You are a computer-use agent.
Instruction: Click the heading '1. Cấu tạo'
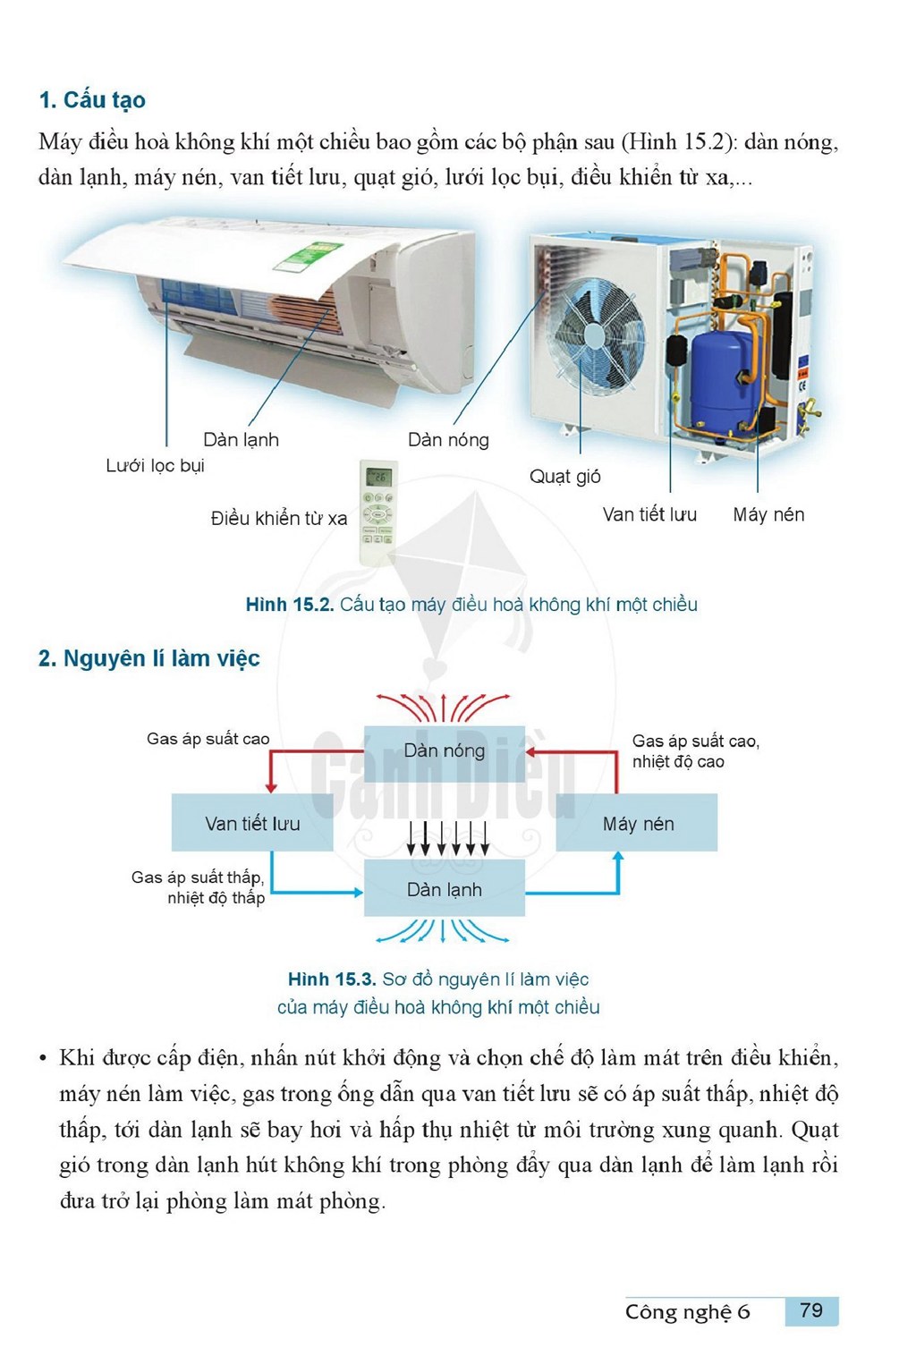click(x=92, y=100)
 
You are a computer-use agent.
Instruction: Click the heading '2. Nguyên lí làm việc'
click(x=148, y=658)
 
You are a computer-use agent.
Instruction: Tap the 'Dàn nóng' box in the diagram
click(x=444, y=751)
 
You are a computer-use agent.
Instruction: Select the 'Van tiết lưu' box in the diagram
click(x=252, y=823)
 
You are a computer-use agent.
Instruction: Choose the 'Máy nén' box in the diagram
click(x=637, y=823)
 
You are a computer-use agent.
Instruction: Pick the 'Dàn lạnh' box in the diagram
click(x=444, y=889)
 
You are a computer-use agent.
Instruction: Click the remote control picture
click(x=379, y=513)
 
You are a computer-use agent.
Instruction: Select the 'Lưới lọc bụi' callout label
click(x=155, y=466)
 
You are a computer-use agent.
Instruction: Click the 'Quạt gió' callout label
click(x=564, y=477)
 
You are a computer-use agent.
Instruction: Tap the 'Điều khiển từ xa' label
click(x=279, y=518)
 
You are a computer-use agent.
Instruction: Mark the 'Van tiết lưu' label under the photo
click(x=649, y=514)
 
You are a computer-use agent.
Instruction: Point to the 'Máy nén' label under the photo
click(x=768, y=514)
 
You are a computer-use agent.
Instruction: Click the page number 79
click(x=811, y=1310)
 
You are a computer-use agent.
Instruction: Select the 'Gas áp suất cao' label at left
click(x=208, y=739)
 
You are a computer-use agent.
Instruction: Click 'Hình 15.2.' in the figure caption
click(x=290, y=604)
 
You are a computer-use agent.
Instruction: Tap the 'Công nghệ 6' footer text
click(x=687, y=1312)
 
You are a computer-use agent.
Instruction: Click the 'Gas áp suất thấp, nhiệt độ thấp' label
click(x=199, y=887)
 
